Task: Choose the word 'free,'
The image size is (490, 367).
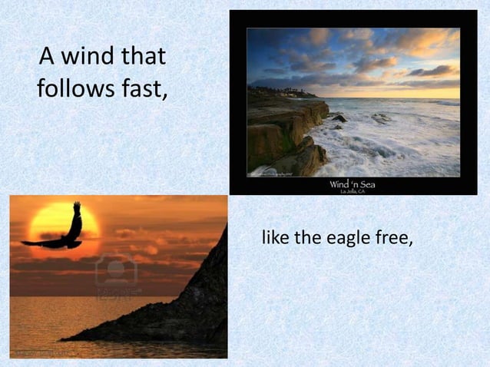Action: [x=392, y=239]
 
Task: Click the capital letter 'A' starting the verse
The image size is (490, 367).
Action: [x=47, y=58]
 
